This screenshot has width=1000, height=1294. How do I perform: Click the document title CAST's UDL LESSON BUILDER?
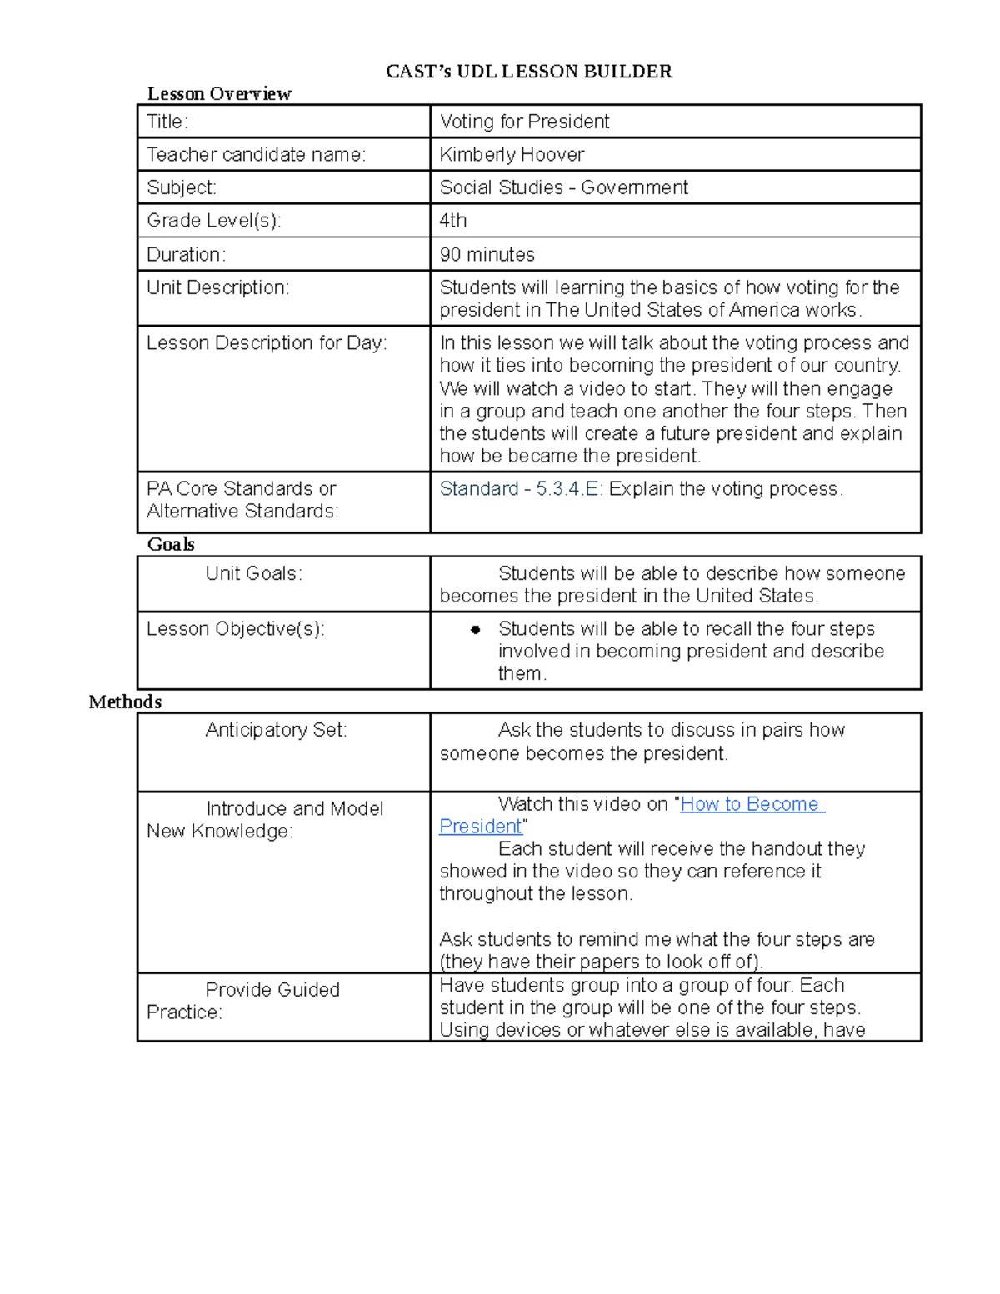pyautogui.click(x=529, y=72)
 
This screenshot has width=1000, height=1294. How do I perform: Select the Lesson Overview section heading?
pyautogui.click(x=219, y=93)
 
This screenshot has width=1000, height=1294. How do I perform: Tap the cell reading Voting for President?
pyautogui.click(x=524, y=122)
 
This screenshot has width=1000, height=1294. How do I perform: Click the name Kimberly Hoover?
pyautogui.click(x=512, y=155)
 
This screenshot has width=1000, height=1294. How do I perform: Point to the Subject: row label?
pyautogui.click(x=182, y=187)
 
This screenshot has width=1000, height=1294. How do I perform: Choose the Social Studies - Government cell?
pyautogui.click(x=563, y=187)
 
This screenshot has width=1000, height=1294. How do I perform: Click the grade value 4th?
pyautogui.click(x=453, y=221)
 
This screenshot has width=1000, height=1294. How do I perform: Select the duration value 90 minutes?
pyautogui.click(x=487, y=254)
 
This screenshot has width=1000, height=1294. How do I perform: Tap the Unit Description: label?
pyautogui.click(x=218, y=287)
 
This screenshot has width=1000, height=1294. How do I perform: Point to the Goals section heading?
pyautogui.click(x=171, y=544)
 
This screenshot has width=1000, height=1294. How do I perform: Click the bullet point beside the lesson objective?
pyautogui.click(x=476, y=630)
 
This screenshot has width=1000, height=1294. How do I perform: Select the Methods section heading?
pyautogui.click(x=125, y=702)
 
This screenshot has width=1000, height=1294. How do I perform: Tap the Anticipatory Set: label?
pyautogui.click(x=276, y=730)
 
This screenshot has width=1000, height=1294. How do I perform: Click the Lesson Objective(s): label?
pyautogui.click(x=236, y=629)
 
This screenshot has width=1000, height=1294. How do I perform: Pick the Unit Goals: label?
pyautogui.click(x=254, y=573)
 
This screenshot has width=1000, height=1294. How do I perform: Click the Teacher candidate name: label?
pyautogui.click(x=257, y=155)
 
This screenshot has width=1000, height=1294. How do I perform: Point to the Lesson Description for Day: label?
pyautogui.click(x=267, y=343)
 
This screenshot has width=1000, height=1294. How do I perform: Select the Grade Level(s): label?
pyautogui.click(x=214, y=221)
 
